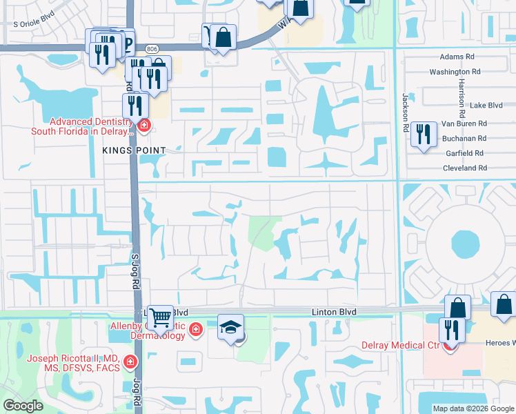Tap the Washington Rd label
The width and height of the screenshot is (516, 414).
pos(455,72)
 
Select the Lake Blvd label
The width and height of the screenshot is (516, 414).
pos(486,106)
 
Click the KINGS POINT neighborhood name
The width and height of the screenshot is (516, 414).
pos(134,150)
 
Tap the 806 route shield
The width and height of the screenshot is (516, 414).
pos(152,48)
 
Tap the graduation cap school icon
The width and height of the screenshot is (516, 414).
pos(231,326)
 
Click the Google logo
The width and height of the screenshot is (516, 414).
pos(23,405)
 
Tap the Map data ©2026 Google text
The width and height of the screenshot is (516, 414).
pos(473,408)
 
